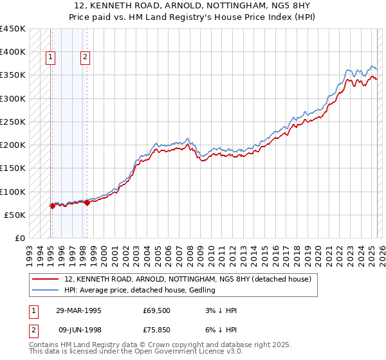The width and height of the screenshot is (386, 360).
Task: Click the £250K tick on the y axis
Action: (x=13, y=122)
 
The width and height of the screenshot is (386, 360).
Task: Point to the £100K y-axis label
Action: (x=13, y=192)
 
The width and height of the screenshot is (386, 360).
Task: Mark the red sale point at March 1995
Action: (x=52, y=206)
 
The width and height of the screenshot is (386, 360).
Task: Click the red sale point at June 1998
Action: (x=86, y=203)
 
